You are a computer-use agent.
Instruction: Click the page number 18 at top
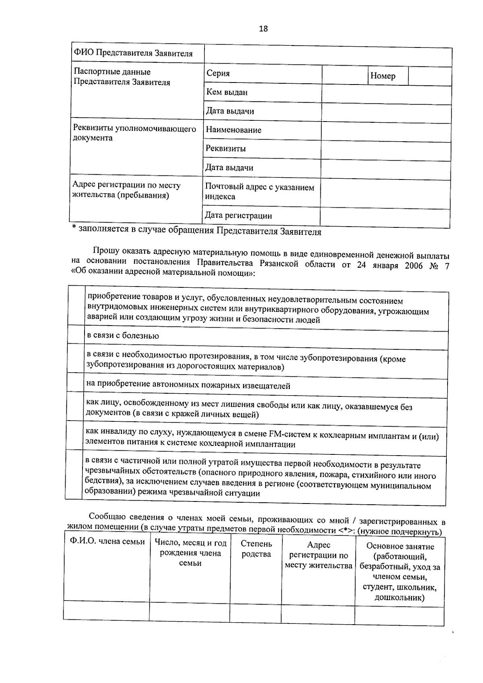point(263,29)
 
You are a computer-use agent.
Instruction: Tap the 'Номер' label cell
point(383,76)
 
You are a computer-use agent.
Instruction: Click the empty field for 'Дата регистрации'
point(385,218)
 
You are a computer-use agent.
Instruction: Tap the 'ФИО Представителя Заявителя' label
point(133,53)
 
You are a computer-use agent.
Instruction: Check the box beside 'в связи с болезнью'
point(76,334)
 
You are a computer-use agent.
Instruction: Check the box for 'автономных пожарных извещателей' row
point(75,382)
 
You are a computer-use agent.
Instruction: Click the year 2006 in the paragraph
point(413,266)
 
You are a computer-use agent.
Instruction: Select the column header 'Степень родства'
point(256,549)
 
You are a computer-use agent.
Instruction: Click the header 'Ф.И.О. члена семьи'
point(107,542)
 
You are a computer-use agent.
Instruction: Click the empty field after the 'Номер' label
point(429,76)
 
